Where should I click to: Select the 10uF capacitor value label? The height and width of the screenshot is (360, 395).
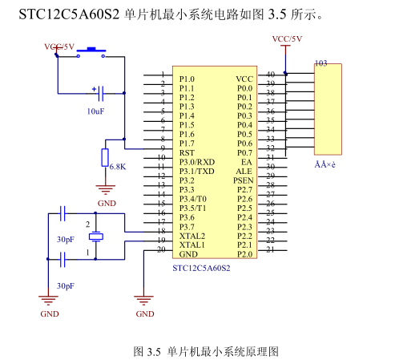point(95,111)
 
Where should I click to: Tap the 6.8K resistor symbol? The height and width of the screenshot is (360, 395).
point(105,156)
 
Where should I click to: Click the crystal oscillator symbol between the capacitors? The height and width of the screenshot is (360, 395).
point(95,237)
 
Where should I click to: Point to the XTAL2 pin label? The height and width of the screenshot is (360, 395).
point(192,236)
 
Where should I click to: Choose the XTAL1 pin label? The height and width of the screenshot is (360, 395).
point(192,245)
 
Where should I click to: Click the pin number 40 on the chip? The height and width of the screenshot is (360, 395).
point(271,74)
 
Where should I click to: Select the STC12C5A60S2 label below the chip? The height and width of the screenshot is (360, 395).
point(201,267)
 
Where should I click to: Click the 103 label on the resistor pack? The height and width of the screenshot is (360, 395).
point(320,63)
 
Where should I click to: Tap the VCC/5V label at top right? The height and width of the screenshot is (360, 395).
point(287,38)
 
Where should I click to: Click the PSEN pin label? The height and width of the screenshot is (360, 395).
point(244,180)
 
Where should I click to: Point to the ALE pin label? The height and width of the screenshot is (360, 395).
point(244,171)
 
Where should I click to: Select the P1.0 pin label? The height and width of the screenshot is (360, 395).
point(187,79)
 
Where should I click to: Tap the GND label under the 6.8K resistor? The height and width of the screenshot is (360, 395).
point(107,204)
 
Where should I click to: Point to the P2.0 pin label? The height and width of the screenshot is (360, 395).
point(244,254)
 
